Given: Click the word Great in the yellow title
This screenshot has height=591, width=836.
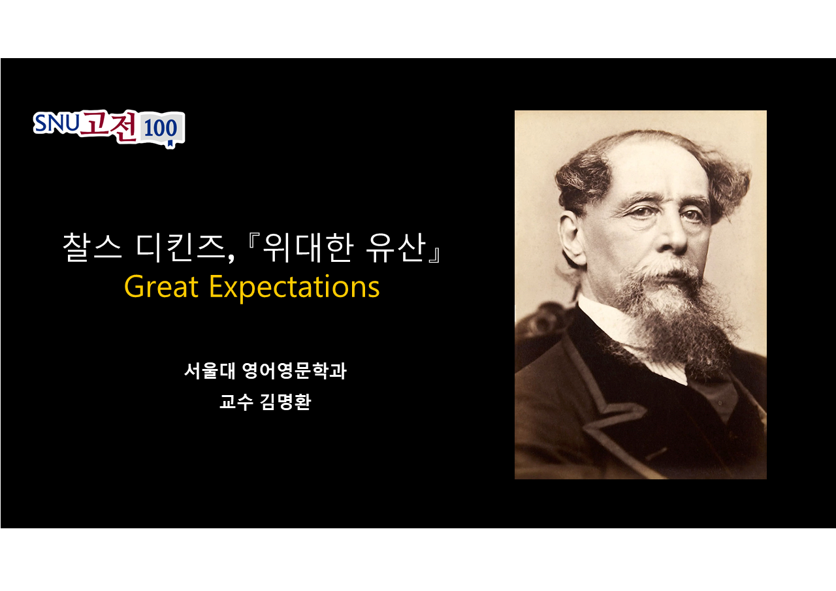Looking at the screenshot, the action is point(161,287).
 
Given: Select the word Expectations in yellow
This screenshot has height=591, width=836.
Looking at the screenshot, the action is point(295,288).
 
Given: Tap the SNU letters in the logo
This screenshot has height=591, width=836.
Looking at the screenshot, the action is point(57,123).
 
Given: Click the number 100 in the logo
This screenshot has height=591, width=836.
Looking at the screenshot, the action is point(161,128).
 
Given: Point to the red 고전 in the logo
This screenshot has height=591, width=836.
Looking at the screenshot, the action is point(109,126).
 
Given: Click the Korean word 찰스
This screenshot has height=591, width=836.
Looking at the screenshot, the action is point(92,247).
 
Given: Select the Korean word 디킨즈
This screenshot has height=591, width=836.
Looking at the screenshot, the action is point(184,248).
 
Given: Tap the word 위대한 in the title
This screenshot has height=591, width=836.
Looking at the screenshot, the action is point(308,247).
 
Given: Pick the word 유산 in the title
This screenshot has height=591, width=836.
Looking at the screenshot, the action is point(396,247).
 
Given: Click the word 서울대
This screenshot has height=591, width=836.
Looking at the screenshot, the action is point(210,370).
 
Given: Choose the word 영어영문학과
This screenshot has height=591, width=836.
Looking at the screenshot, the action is point(295,370).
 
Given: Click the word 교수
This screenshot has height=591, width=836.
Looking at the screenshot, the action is point(236,402).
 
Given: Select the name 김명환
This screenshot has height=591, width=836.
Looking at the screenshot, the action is point(285,402).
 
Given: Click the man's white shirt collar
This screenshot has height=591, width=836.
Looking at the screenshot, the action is point(612,328).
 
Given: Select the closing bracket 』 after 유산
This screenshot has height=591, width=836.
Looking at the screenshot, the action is point(434,255).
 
